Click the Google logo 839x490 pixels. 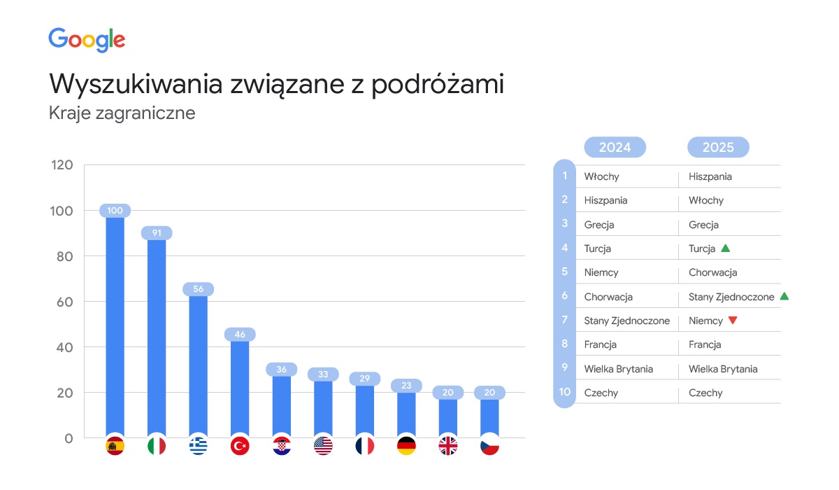pos(87,40)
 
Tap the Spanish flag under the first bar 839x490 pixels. pos(115,446)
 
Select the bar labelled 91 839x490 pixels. pos(157,336)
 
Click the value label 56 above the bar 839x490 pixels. pos(198,289)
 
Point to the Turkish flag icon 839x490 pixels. pos(240,446)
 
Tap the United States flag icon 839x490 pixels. pos(323,446)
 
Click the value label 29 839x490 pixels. pos(364,379)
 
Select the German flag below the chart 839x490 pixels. pos(406,446)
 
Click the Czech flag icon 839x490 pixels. pos(489,446)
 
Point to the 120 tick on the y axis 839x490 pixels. pos(62,165)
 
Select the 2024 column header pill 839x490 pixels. pos(615,147)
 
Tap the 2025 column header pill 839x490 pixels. pos(718,147)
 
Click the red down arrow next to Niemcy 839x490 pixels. pos(733,321)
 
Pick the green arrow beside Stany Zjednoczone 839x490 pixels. pos(784,296)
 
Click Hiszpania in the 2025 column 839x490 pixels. pos(710,176)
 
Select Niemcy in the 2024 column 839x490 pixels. pos(601,272)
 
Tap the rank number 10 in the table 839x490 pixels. pos(564,393)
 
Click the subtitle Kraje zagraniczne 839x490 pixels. pos(122,113)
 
